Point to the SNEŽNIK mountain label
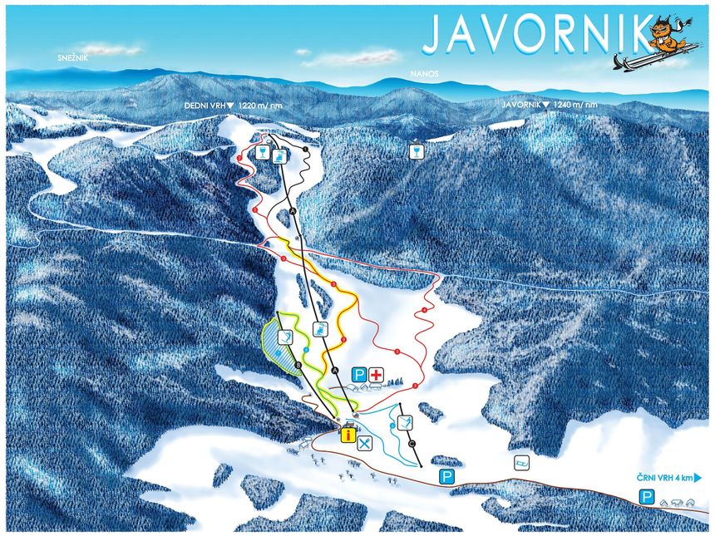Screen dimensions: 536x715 [x=73, y=58]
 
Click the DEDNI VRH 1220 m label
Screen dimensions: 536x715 [x=234, y=106]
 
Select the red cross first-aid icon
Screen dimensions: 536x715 [x=377, y=376]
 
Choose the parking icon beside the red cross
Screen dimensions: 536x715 [x=359, y=376]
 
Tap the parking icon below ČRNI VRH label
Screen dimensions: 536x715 [x=646, y=497]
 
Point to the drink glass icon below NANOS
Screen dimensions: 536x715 [x=415, y=151]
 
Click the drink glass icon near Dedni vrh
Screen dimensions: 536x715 [x=263, y=153]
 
